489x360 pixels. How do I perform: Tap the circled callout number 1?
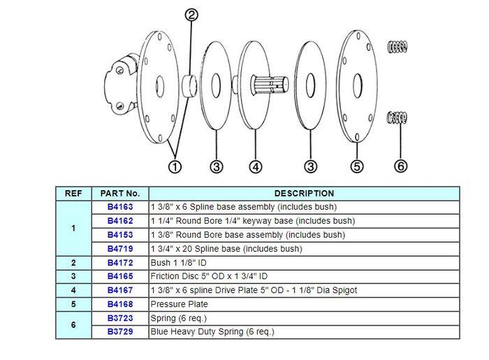pos(175,166)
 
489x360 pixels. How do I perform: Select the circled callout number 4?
pos(256,166)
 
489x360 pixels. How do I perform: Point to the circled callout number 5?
pos(357,166)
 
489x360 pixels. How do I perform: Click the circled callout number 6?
pos(400,166)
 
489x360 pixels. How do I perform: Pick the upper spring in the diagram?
pos(397,47)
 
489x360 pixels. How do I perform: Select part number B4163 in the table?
pos(119,208)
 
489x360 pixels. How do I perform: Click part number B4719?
pos(119,249)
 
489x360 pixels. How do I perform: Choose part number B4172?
pos(119,263)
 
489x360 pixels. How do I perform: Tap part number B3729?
pos(119,332)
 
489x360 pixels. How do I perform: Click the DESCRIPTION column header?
pos(304,194)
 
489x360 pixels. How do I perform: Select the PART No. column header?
pos(119,194)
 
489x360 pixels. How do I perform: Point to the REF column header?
pos(73,194)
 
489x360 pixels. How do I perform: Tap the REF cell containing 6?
pos(73,325)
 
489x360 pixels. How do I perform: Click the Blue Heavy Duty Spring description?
pos(212,332)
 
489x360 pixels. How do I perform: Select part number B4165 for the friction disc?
pos(119,277)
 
